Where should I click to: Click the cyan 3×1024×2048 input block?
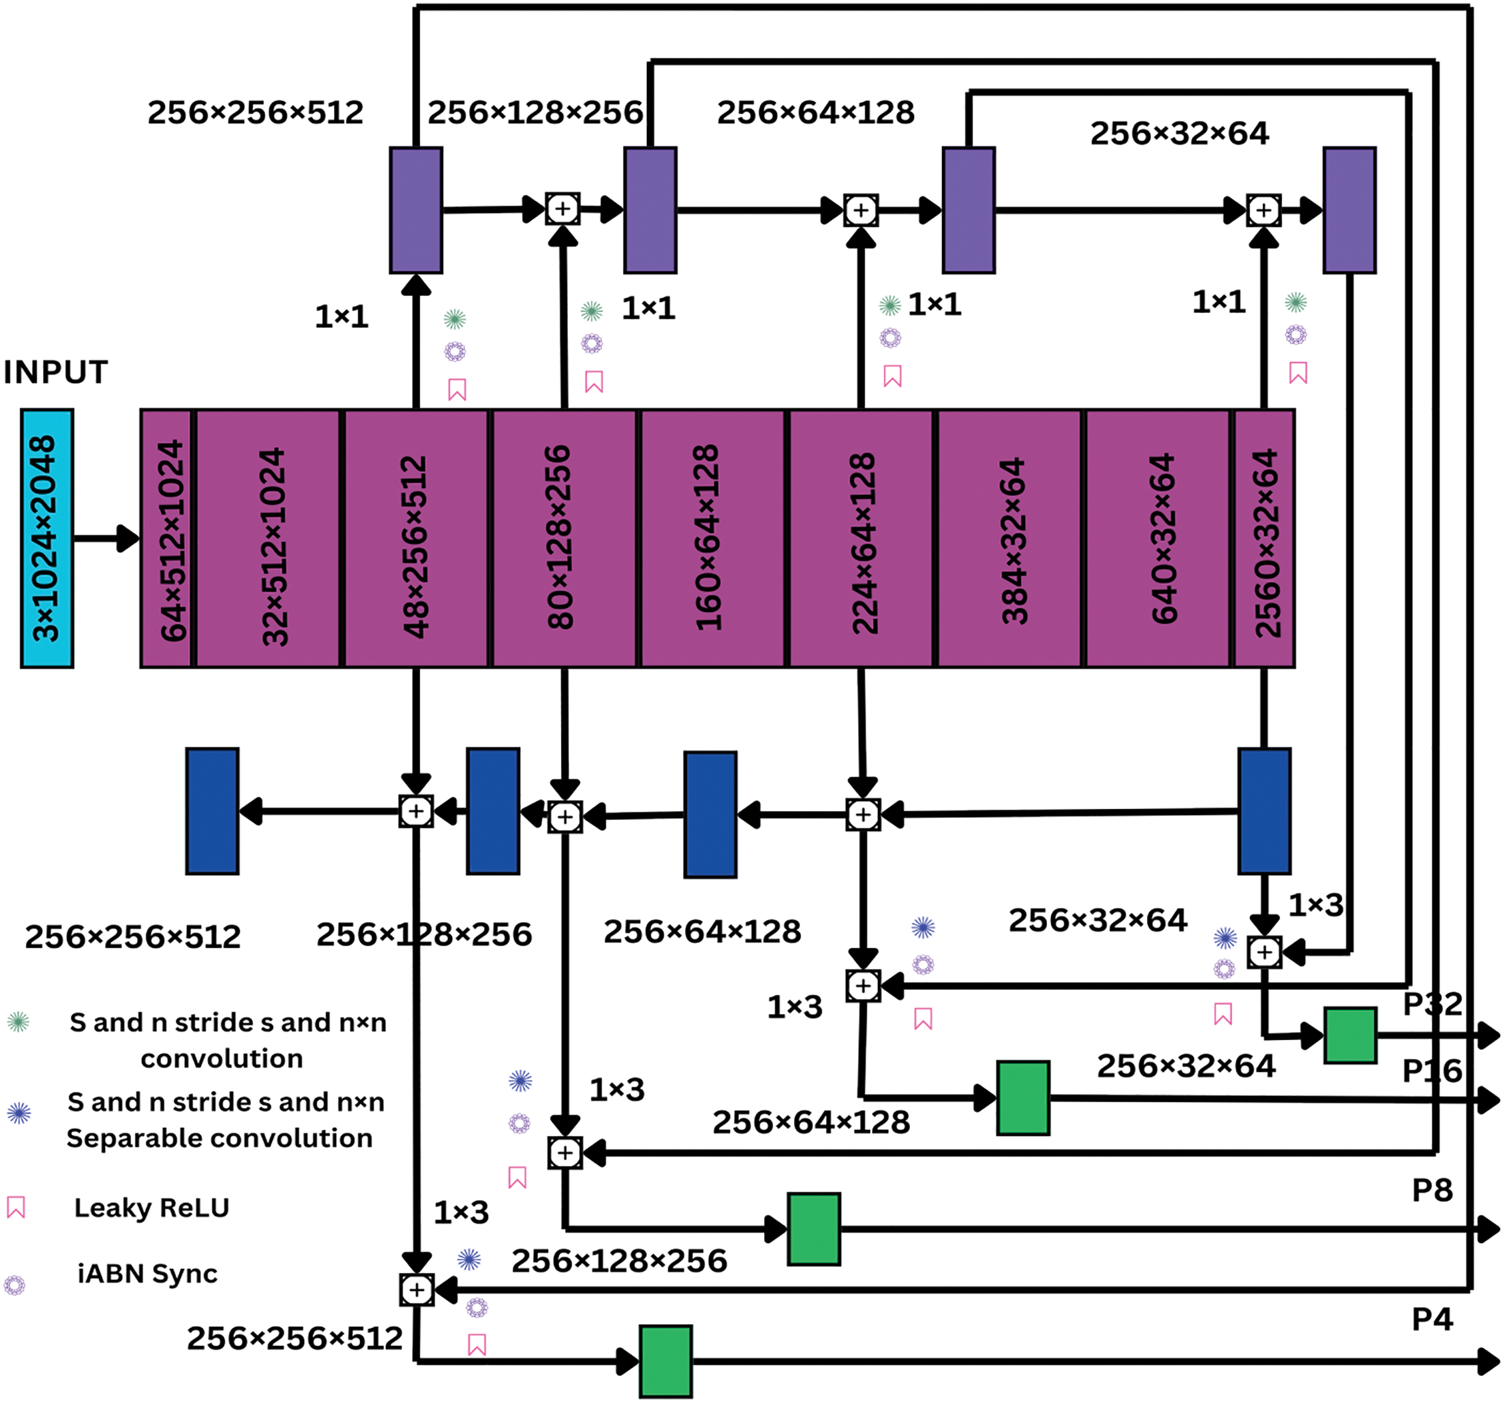[47, 538]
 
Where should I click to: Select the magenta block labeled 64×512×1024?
[167, 538]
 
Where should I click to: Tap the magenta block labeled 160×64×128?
[712, 538]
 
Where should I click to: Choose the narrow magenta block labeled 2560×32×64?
[1264, 538]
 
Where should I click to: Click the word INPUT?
[56, 373]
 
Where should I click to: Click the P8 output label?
[1432, 1190]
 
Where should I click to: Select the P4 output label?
[1432, 1319]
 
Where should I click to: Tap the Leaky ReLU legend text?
[151, 1208]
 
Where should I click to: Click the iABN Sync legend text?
[147, 1274]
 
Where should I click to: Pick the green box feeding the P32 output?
[1349, 1035]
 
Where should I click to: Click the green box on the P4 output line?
[666, 1361]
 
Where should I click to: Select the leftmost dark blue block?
[212, 811]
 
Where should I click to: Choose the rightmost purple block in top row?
[1349, 210]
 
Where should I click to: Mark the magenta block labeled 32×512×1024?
[268, 538]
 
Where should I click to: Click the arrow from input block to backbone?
[106, 538]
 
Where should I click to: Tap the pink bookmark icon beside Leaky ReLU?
[16, 1208]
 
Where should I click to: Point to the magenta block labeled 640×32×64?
[1158, 538]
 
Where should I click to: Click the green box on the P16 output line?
[1023, 1098]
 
